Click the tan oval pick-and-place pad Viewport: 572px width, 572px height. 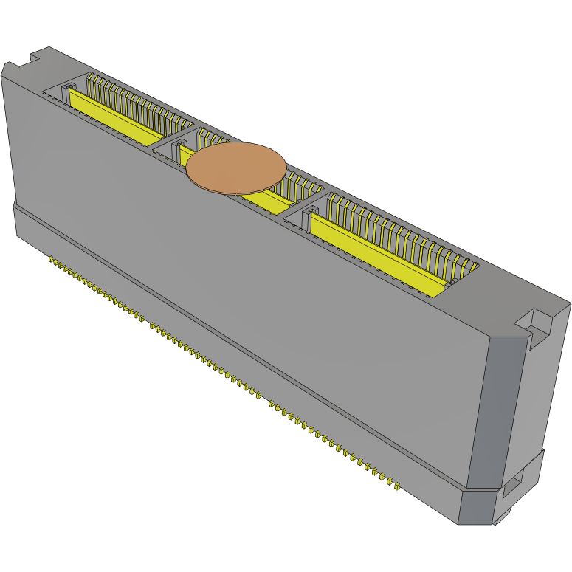(235, 168)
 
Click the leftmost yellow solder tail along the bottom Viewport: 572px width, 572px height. (51, 260)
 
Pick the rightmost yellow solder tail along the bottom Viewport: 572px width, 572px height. (398, 486)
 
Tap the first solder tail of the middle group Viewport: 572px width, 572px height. (152, 325)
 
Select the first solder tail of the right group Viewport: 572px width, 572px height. (272, 404)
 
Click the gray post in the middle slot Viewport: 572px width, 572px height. (177, 152)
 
